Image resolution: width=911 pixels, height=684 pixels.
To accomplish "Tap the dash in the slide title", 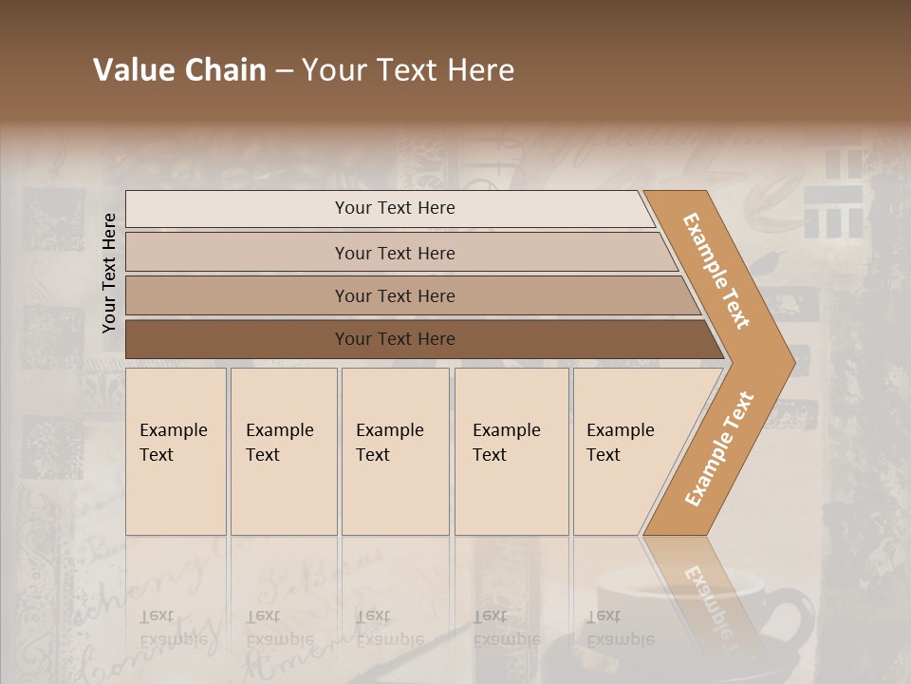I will pyautogui.click(x=284, y=71).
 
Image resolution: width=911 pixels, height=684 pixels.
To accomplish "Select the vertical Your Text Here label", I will pyautogui.click(x=109, y=273).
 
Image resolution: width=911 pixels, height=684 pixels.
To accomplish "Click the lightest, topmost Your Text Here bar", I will pyautogui.click(x=395, y=208).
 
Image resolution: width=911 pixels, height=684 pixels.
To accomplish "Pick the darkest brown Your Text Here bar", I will pyautogui.click(x=395, y=339).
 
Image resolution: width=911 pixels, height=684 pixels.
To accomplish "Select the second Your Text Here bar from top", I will pyautogui.click(x=395, y=253).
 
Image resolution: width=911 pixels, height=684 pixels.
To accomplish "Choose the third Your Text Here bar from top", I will pyautogui.click(x=395, y=295).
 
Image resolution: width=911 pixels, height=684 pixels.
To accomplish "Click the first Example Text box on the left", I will pyautogui.click(x=176, y=451).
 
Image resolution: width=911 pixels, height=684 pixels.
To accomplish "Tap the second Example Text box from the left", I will pyautogui.click(x=284, y=451).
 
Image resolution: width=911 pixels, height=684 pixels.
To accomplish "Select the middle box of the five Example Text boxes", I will pyautogui.click(x=395, y=451).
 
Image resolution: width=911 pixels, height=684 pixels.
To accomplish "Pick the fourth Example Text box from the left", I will pyautogui.click(x=511, y=451).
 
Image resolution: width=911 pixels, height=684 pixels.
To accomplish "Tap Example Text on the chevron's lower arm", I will pyautogui.click(x=719, y=449).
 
